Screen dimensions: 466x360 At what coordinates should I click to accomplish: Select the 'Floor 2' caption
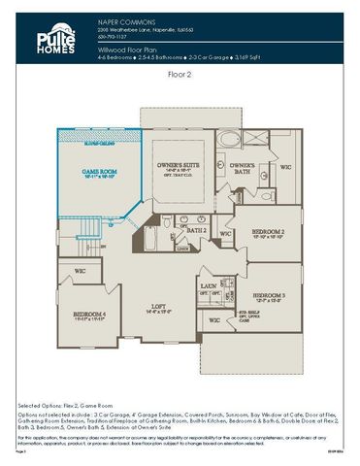point(180,73)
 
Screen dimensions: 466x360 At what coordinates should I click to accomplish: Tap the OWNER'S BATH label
point(242,168)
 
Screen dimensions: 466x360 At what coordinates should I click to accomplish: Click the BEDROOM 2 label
point(267,233)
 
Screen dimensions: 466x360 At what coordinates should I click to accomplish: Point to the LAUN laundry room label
point(208,287)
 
